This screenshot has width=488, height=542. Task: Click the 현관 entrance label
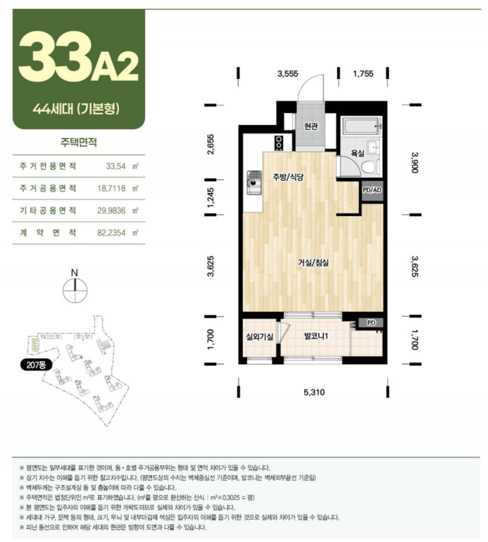pyautogui.click(x=311, y=126)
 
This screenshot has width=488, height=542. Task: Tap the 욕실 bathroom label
pyautogui.click(x=357, y=154)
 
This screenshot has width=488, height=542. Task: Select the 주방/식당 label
pyautogui.click(x=288, y=177)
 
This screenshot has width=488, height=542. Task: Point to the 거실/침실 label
pyautogui.click(x=313, y=262)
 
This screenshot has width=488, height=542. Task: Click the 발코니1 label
pyautogui.click(x=316, y=336)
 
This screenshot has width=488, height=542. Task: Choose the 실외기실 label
pyautogui.click(x=259, y=337)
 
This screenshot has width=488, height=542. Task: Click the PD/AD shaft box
pyautogui.click(x=372, y=190)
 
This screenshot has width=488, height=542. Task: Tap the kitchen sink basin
pyautogui.click(x=254, y=183)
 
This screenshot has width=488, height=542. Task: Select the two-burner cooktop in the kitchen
pyautogui.click(x=279, y=143)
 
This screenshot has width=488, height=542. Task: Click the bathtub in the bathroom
pyautogui.click(x=361, y=126)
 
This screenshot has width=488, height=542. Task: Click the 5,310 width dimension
pyautogui.click(x=314, y=392)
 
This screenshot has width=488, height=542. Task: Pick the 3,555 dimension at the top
pyautogui.click(x=288, y=74)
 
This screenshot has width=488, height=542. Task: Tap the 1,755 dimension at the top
pyautogui.click(x=363, y=74)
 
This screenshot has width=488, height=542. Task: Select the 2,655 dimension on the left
pyautogui.click(x=211, y=144)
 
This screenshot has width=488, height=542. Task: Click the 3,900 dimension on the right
pyautogui.click(x=414, y=162)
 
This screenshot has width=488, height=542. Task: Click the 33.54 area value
pyautogui.click(x=116, y=166)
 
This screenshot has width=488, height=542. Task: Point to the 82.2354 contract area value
pyautogui.click(x=111, y=233)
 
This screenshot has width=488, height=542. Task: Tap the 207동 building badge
pyautogui.click(x=36, y=365)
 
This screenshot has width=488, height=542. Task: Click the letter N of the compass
pyautogui.click(x=74, y=273)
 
